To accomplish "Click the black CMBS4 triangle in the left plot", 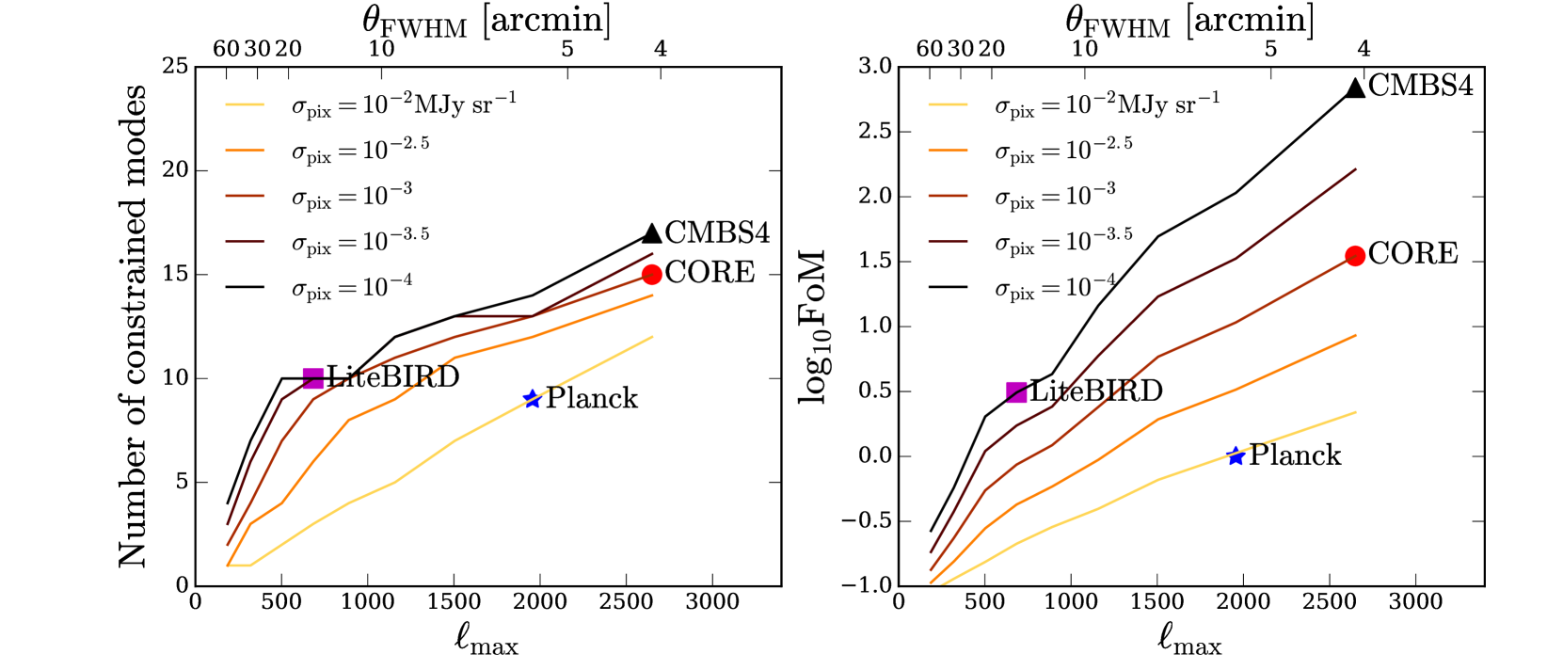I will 651,233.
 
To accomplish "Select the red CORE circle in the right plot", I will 1355,256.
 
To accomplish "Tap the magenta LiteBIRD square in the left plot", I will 313,378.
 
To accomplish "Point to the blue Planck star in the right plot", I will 1236,456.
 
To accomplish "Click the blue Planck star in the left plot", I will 533,399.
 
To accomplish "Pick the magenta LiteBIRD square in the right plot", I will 1016,391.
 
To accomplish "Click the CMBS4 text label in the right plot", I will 1420,86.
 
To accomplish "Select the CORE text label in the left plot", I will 710,273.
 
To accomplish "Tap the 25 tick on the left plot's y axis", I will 175,67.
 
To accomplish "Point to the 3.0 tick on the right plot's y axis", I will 875,67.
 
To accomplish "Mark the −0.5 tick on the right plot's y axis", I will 867,521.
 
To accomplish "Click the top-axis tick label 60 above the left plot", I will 226,49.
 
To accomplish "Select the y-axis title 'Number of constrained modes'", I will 133,326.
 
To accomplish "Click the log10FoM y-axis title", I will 813,326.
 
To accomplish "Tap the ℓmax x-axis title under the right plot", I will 1189,640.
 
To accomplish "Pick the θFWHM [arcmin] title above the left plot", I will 486,22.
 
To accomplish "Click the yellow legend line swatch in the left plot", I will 245,104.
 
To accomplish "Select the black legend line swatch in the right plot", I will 949,286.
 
